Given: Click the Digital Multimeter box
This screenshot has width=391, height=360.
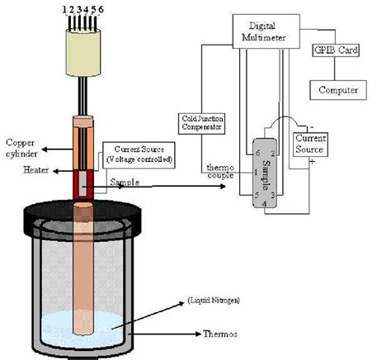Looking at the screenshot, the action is [x=266, y=31].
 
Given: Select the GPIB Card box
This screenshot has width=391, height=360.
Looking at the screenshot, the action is [x=336, y=50].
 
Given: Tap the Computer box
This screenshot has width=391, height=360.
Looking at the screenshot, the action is [x=338, y=90].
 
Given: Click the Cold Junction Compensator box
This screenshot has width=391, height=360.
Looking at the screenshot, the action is [x=201, y=124].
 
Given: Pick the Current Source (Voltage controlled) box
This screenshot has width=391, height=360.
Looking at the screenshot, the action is [x=139, y=155].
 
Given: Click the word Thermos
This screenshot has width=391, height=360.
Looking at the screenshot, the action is [x=220, y=334].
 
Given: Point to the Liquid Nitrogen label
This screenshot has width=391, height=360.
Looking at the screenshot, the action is [x=214, y=301].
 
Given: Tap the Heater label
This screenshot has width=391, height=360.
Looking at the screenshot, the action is [x=36, y=170].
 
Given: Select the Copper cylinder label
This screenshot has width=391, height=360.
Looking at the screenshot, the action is [x=21, y=148].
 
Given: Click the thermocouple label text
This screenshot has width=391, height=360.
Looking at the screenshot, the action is [x=220, y=172].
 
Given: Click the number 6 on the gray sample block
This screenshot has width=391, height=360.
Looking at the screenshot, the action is [x=257, y=153].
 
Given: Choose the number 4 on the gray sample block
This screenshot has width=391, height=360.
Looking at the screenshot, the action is [x=264, y=204].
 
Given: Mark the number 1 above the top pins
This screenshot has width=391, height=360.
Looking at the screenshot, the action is [x=64, y=10].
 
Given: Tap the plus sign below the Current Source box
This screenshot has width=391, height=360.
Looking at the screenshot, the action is [x=312, y=162].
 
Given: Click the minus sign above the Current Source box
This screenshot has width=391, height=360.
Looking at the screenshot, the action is [x=312, y=127].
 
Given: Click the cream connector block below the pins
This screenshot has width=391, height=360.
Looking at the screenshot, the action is [x=83, y=53].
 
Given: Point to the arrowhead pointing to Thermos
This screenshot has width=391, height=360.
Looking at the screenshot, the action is [x=198, y=334].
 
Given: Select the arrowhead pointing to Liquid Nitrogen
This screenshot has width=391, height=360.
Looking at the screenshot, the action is [x=181, y=303].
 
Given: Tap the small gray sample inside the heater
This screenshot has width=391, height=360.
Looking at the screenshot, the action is [x=82, y=183].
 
